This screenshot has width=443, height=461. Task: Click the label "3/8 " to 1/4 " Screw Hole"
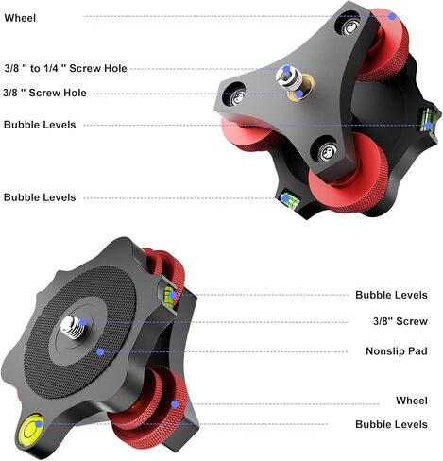[65, 68]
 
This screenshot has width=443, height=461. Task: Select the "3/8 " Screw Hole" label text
[44, 93]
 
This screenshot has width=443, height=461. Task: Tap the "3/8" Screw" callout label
[400, 321]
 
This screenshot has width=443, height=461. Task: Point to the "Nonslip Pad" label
[397, 350]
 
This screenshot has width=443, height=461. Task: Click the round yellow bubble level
[30, 429]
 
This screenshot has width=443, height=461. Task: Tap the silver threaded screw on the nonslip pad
[73, 327]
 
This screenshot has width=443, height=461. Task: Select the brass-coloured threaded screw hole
[300, 88]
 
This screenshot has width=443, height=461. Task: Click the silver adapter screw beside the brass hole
[287, 78]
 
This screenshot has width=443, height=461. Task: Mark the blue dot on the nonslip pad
[100, 351]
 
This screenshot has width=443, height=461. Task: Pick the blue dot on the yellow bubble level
[39, 424]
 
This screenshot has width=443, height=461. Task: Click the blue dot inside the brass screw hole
[299, 94]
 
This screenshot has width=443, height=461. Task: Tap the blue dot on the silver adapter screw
[286, 69]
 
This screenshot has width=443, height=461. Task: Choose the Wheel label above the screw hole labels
[20, 18]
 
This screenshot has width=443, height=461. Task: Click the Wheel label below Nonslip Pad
[412, 401]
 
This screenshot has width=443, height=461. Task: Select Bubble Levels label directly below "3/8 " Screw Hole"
[40, 125]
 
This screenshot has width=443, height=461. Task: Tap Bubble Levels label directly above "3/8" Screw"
[391, 295]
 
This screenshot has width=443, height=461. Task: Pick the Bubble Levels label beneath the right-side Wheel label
[391, 424]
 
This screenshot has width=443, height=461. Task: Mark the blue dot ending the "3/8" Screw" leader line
[83, 322]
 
